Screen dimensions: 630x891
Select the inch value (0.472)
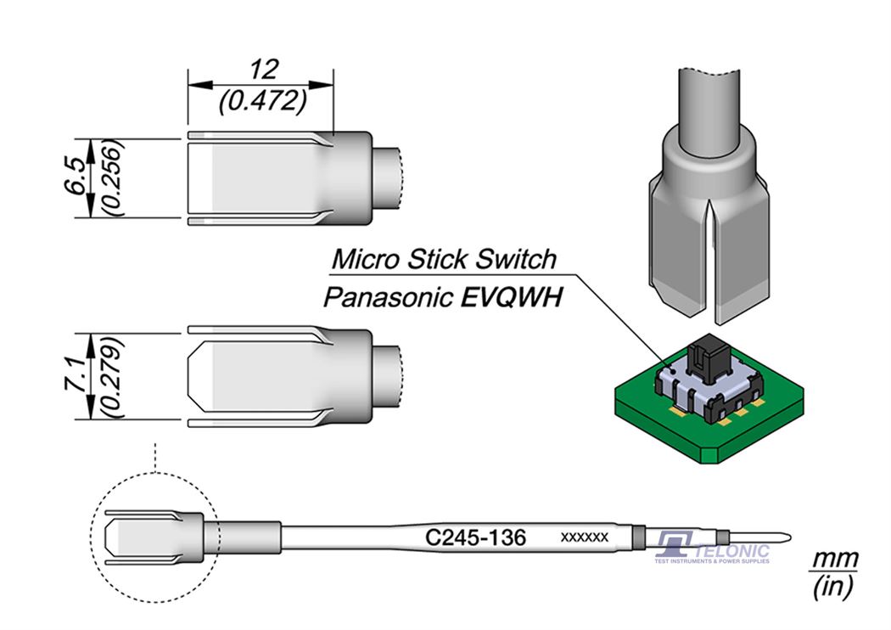(261, 103)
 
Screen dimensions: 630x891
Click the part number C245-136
(476, 537)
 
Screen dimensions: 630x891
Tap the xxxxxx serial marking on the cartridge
(585, 538)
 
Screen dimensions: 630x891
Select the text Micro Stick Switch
(443, 258)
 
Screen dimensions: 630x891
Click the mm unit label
(835, 561)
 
